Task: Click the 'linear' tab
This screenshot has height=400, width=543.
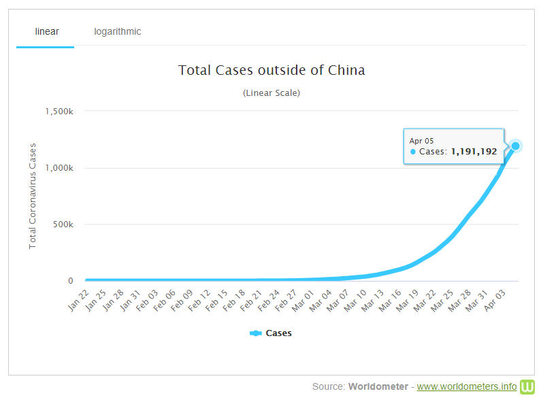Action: [x=46, y=31]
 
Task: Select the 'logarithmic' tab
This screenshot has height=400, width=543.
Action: [x=118, y=31]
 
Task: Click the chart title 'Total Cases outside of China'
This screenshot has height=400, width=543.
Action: [x=271, y=70]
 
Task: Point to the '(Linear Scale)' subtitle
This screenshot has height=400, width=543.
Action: [x=271, y=93]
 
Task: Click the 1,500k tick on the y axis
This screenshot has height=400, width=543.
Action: [x=59, y=112]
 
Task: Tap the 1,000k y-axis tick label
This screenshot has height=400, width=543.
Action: [x=59, y=168]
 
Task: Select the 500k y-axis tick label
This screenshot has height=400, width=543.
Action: [x=63, y=224]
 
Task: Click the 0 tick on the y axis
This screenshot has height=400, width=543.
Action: [x=70, y=281]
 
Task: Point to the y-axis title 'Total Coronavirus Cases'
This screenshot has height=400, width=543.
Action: [x=33, y=196]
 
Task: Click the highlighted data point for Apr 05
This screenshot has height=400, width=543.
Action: [x=516, y=146]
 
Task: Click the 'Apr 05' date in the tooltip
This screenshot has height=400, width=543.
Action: [x=422, y=140]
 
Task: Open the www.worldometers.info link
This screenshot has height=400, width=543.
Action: [x=467, y=386]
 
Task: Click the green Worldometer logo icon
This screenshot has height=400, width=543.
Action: [x=527, y=386]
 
